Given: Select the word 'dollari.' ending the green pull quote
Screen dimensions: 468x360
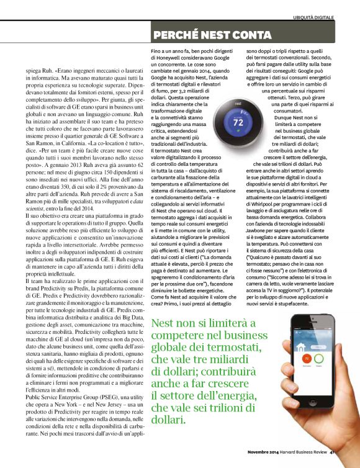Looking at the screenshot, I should click(x=167, y=420).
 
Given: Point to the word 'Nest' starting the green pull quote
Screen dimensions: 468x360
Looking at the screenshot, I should click(x=164, y=323).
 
